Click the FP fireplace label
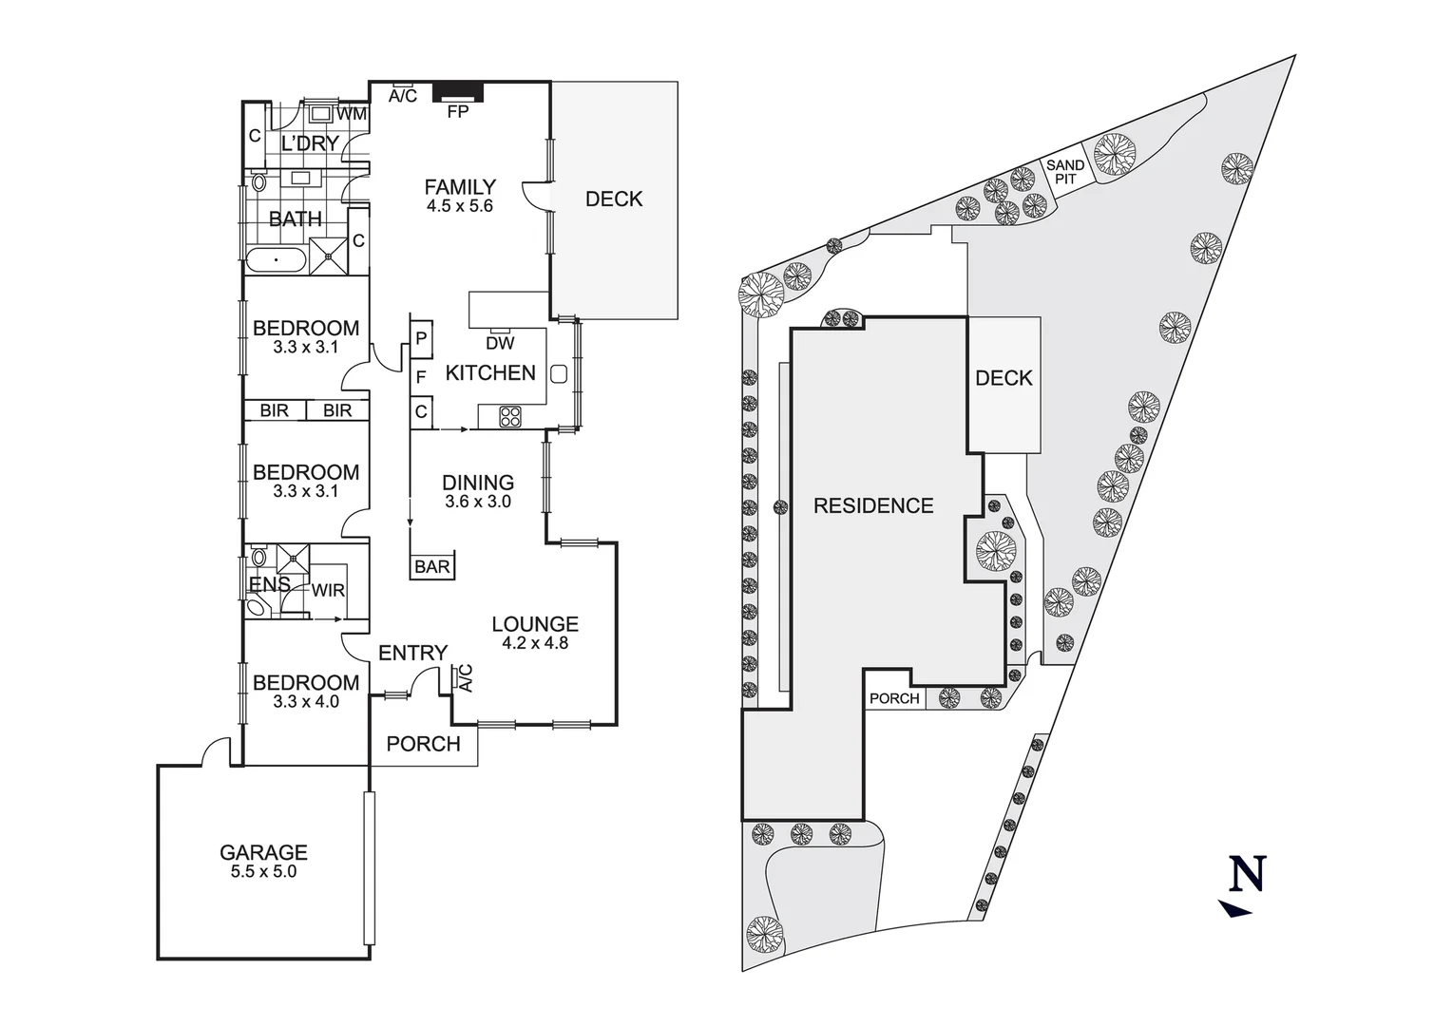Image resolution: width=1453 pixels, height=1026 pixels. coord(458,112)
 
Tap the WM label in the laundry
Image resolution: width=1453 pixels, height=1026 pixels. coord(353,114)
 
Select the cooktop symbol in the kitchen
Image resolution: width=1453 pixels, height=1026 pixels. coord(510,416)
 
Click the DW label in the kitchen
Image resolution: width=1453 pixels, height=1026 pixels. coord(500,343)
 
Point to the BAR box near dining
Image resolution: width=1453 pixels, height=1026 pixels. coord(432,566)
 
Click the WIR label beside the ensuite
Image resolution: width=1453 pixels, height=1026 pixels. coord(328,590)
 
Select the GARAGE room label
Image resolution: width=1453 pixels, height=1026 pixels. coord(263,852)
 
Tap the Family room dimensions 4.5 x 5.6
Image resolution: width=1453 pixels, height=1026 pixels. coord(460,206)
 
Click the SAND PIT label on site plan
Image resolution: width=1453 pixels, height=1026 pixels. coord(1065,172)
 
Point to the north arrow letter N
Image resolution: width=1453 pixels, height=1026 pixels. coord(1248,873)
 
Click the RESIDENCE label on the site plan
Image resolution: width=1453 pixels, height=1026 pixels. coord(873,505)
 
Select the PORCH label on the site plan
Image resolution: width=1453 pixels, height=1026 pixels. coord(894,698)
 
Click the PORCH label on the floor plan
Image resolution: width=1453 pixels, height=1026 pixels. coord(424,744)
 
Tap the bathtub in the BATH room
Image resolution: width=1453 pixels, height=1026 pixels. coord(276,259)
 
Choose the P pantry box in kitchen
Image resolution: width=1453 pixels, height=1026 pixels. coord(421,338)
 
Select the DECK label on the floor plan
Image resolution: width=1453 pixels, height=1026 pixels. coord(614,199)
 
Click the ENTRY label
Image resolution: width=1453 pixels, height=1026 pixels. coord(412,653)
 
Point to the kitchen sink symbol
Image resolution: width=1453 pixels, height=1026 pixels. coord(559,373)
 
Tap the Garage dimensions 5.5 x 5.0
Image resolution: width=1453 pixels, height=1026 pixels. coord(263,871)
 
